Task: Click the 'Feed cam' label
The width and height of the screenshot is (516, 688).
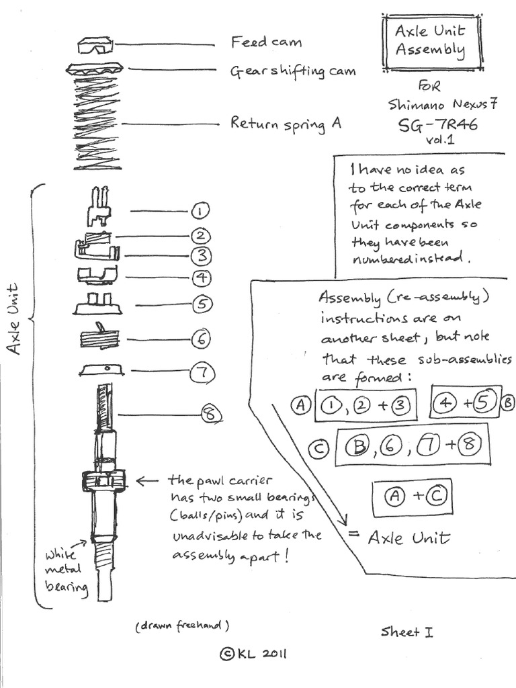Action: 267,42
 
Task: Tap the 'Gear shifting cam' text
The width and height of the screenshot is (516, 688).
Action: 293,71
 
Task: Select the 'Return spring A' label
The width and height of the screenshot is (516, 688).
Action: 286,124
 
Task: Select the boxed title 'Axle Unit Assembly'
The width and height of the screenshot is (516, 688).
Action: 430,41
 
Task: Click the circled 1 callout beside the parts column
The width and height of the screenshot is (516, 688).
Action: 200,211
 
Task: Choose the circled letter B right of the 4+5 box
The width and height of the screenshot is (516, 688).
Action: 509,402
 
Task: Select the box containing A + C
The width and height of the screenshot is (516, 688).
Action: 412,497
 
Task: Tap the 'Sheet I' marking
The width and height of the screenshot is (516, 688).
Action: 407,632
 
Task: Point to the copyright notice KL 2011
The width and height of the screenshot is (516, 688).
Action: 254,654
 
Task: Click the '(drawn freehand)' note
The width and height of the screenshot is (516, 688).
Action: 183,626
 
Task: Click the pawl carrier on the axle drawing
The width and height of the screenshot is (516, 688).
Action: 104,481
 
